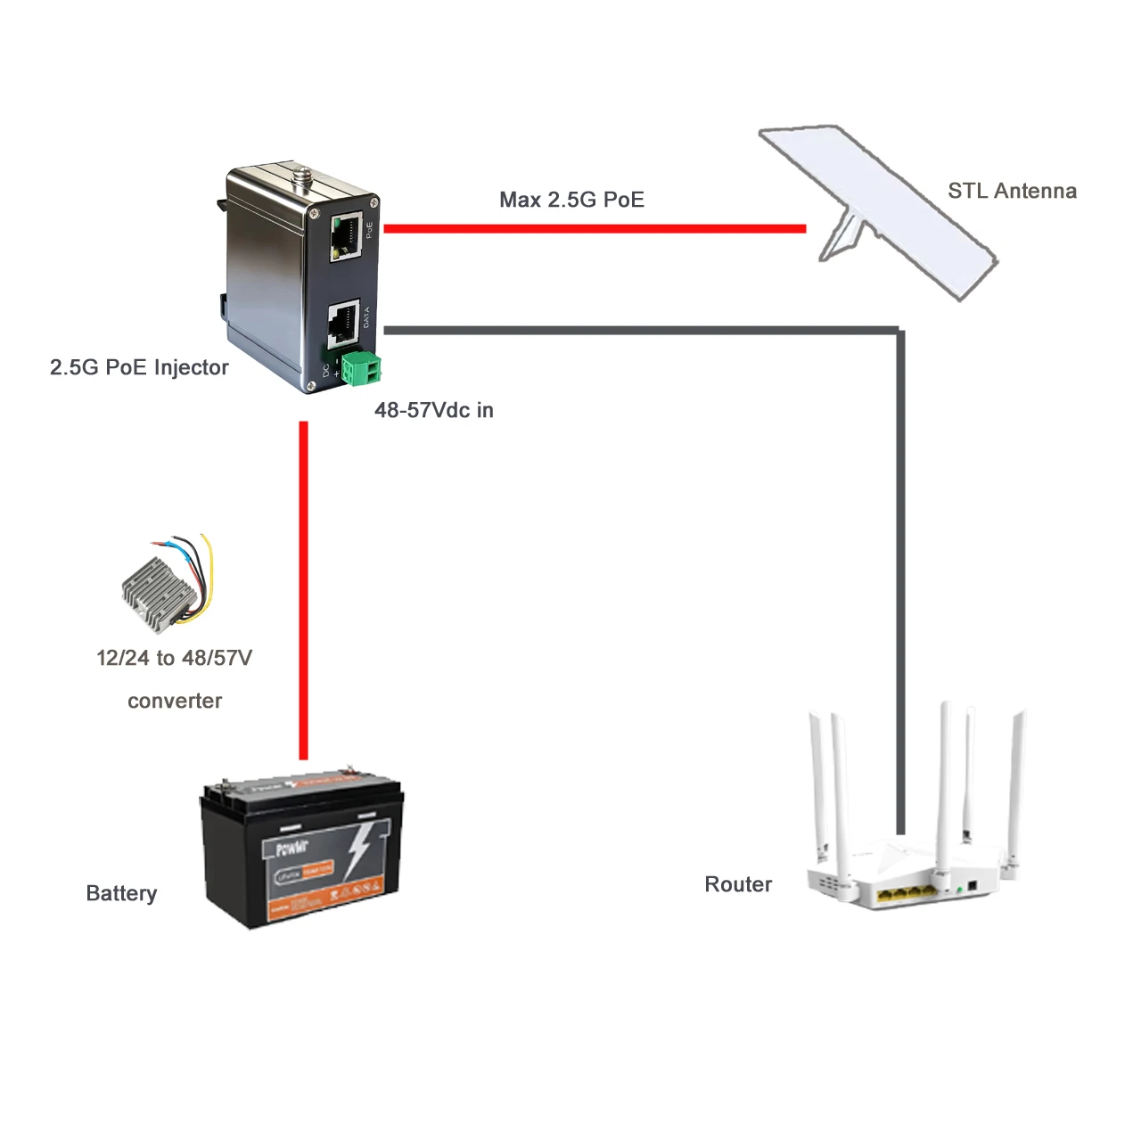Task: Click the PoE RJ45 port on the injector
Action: (346, 236)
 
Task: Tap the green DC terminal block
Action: (362, 368)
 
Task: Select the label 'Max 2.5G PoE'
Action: (571, 200)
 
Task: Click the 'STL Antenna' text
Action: (1012, 191)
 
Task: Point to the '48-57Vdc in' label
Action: (433, 410)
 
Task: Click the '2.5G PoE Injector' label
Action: (139, 367)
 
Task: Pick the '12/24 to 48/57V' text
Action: (175, 658)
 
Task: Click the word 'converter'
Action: (175, 701)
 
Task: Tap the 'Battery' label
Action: (121, 893)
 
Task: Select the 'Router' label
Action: (738, 884)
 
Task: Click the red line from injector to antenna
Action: (595, 229)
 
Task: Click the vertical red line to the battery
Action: (304, 588)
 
